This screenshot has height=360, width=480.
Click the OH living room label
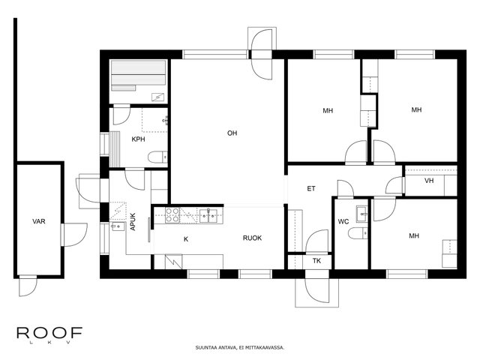coord(232,133)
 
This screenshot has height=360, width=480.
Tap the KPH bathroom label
coord(138,139)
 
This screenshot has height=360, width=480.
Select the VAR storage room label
coord(39,221)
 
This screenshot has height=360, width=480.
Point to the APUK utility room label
coord(133,222)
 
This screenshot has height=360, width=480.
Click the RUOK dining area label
coord(252,238)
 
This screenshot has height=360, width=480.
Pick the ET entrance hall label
coord(311,188)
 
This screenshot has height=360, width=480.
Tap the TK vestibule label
coord(316,261)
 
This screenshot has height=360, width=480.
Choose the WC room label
coord(343,221)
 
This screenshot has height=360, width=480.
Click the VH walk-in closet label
coord(429,181)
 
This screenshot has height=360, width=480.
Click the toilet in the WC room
coord(358,233)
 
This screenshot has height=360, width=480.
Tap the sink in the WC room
coord(361,214)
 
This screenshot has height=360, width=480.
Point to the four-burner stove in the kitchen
coord(172,215)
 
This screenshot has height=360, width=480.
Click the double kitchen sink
coord(208,215)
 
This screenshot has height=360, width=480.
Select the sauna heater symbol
coord(158,97)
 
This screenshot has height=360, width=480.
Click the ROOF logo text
coord(49,333)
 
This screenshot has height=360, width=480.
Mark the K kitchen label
coord(186,239)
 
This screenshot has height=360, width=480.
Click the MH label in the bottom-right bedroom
coord(414,235)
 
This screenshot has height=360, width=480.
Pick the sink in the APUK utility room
coord(118,226)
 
